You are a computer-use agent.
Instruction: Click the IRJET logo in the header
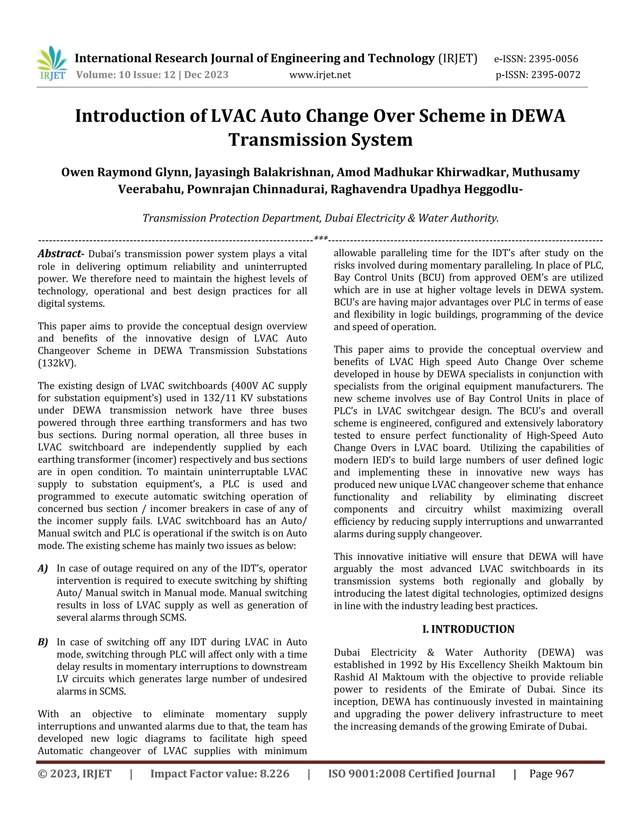(x=52, y=64)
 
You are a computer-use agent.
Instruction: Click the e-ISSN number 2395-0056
(x=553, y=59)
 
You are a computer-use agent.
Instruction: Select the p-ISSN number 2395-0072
(x=556, y=75)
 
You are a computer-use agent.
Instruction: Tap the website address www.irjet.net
(x=320, y=75)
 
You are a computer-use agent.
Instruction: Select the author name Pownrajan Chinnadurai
(x=257, y=189)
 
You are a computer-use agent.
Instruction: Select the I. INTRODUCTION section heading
(x=468, y=629)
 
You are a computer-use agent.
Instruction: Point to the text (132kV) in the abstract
(x=57, y=363)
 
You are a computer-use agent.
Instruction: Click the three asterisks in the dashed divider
(x=321, y=239)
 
